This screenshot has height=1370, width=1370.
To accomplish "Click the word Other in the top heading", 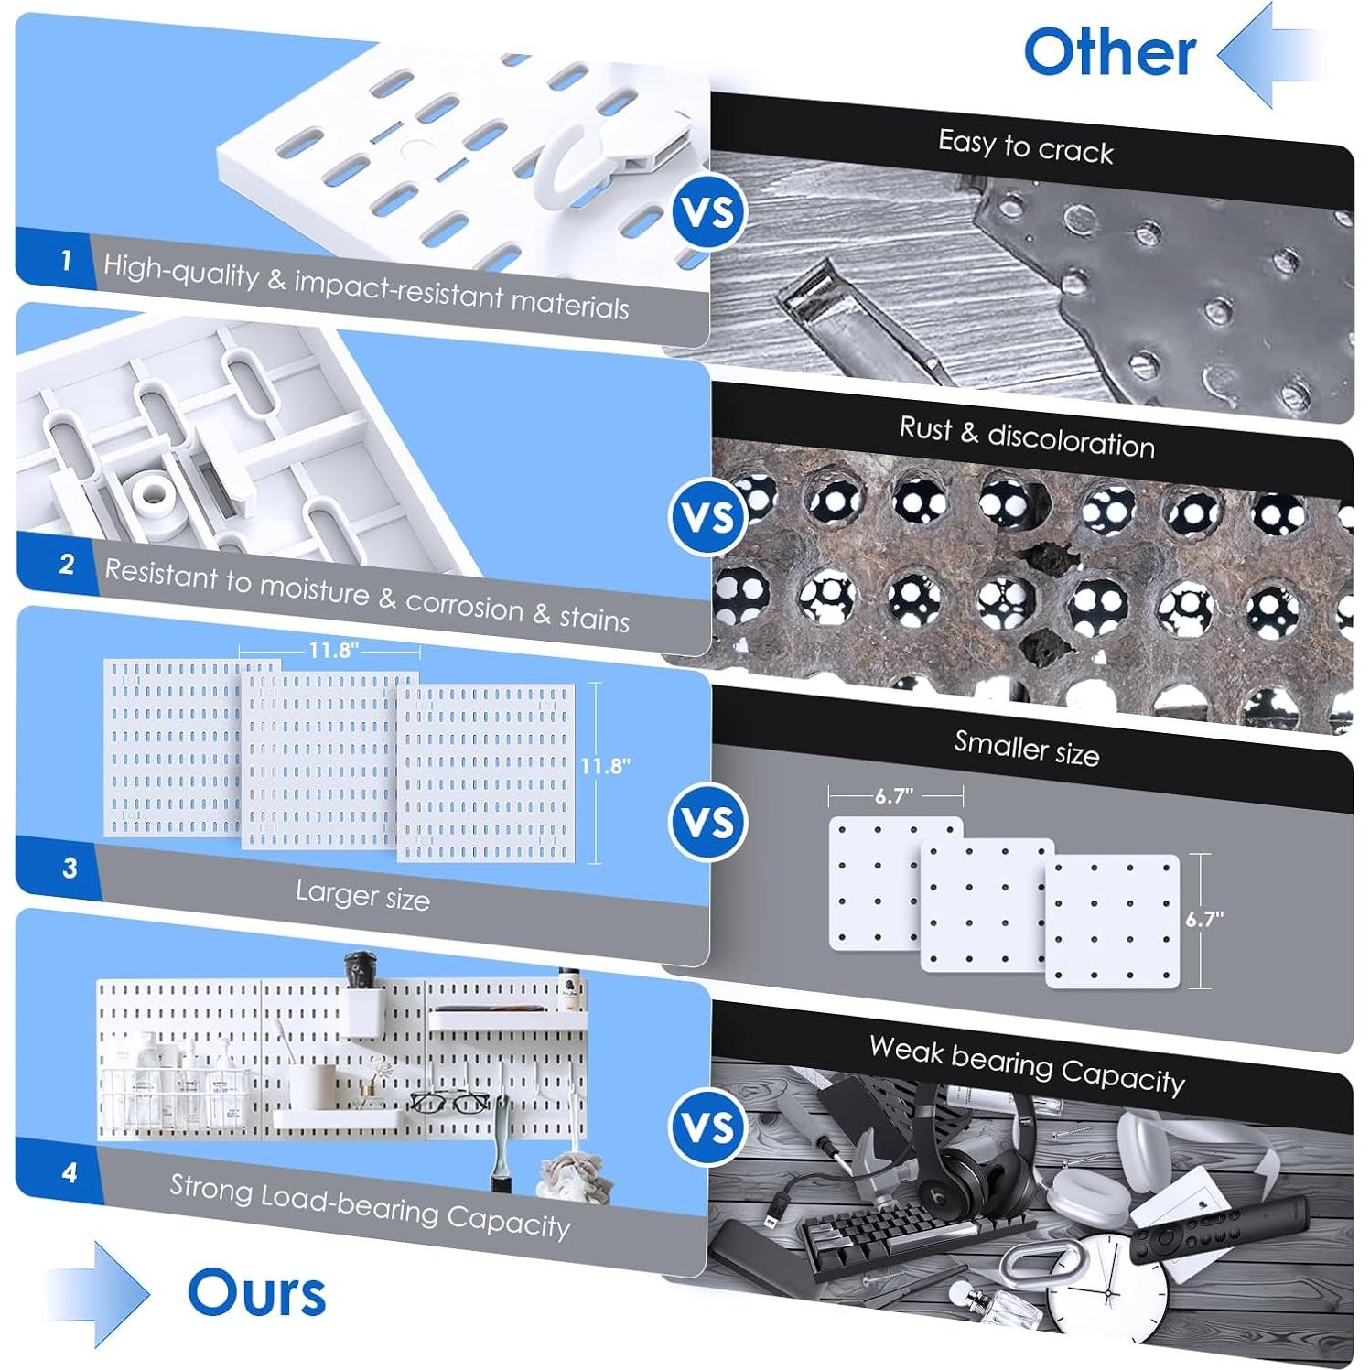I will (x=1109, y=52).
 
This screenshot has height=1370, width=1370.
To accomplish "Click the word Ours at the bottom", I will (x=256, y=1293).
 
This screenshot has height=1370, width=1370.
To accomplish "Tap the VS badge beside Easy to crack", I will (x=709, y=212).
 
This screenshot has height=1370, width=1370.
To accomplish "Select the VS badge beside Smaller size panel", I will (x=709, y=822).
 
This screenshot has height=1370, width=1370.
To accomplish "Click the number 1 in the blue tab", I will (x=66, y=262).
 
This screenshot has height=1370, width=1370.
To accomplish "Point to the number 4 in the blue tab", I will (x=70, y=1172).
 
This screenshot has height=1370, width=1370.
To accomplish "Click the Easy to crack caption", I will (x=1025, y=146).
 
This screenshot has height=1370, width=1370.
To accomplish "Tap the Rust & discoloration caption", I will (x=1027, y=437).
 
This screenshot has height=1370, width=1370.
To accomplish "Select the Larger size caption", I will (x=362, y=895).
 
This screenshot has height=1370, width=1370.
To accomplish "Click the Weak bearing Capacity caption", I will (x=1027, y=1064).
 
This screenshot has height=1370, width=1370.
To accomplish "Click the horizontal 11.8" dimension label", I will (x=333, y=651).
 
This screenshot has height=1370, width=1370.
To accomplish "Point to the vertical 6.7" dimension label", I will (x=1204, y=919).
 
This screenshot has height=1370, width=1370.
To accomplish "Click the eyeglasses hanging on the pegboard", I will (x=448, y=1102).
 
